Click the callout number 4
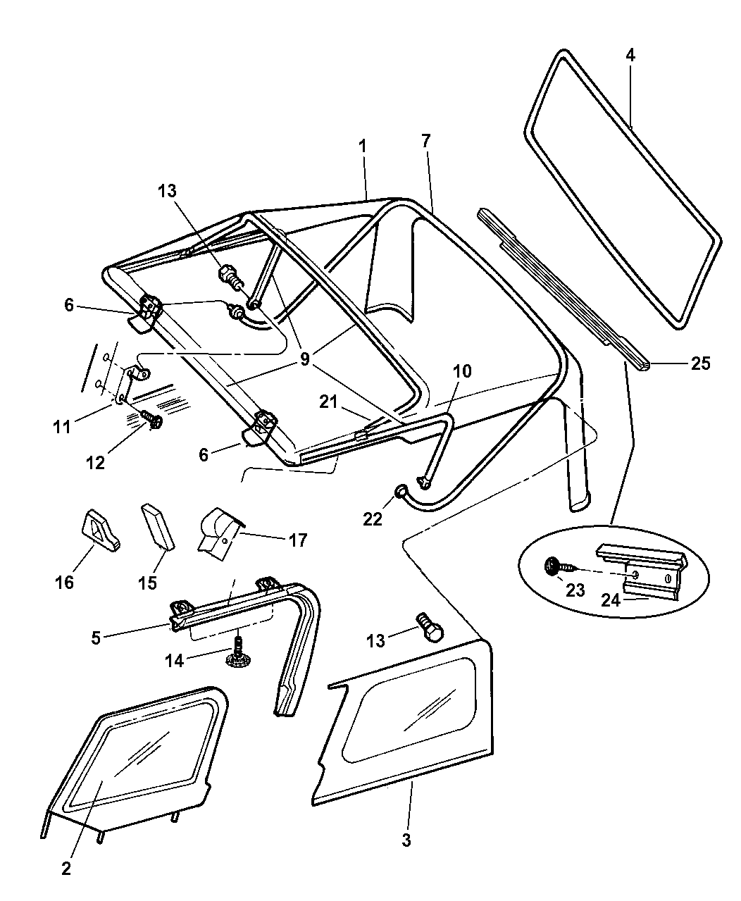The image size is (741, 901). pyautogui.click(x=630, y=56)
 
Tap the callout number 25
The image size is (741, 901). pyautogui.click(x=700, y=363)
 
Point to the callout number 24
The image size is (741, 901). pyautogui.click(x=609, y=599)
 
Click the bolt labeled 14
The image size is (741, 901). pyautogui.click(x=237, y=652)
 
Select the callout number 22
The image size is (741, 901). pyautogui.click(x=373, y=518)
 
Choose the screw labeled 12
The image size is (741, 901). pyautogui.click(x=153, y=420)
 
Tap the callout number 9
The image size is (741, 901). pyautogui.click(x=304, y=359)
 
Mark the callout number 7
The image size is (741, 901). pyautogui.click(x=425, y=140)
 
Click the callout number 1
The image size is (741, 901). pyautogui.click(x=362, y=147)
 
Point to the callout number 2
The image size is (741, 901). pyautogui.click(x=66, y=869)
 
